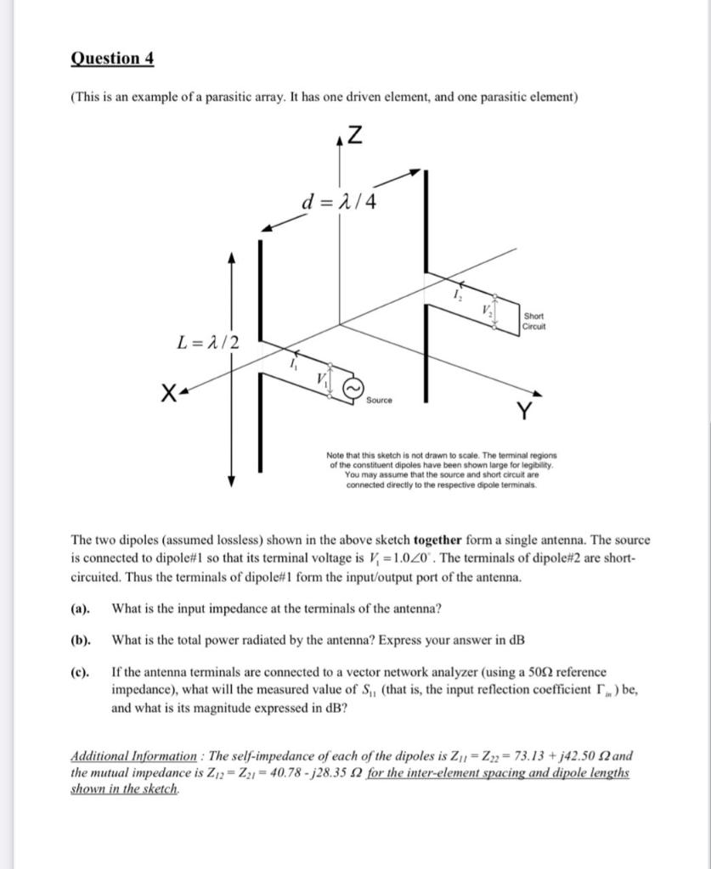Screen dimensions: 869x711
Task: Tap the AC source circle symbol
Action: pos(353,387)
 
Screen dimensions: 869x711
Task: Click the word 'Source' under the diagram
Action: pos(380,399)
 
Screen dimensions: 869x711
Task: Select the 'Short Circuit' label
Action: pos(535,321)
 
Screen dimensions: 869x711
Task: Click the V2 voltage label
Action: pos(486,310)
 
